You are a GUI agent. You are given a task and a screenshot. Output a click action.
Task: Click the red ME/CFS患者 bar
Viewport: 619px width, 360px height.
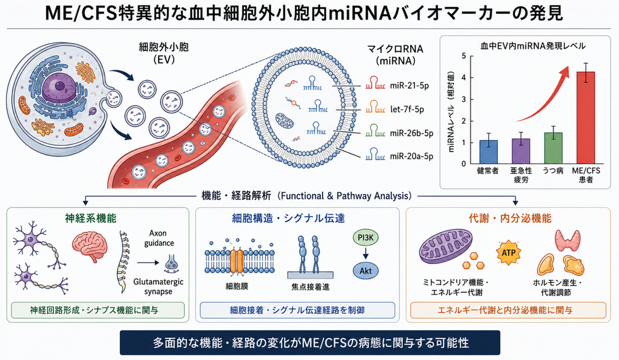586,117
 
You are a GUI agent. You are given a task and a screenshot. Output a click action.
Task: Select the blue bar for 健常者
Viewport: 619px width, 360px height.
488,152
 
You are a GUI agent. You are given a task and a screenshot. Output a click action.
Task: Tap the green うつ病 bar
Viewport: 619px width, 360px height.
553,148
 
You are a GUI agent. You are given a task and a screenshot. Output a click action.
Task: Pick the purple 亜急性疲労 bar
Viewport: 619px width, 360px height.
520,151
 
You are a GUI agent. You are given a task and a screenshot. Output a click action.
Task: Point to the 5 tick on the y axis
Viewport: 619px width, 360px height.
464,56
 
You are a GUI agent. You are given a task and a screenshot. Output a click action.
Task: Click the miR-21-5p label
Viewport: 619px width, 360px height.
409,86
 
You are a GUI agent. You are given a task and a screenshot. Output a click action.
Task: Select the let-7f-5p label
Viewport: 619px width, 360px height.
407,109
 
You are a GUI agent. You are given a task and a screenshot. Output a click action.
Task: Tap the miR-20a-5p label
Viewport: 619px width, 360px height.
411,157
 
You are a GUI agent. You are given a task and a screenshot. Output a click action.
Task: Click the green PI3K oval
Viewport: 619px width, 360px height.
365,237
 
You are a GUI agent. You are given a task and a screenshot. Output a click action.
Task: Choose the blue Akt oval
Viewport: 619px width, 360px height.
366,271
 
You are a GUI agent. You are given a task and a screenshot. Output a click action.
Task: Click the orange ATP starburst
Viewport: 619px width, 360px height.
508,252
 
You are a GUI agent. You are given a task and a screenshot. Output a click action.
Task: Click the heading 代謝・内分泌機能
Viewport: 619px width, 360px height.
510,219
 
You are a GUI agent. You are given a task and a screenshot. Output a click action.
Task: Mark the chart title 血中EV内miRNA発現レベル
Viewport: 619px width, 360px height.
532,45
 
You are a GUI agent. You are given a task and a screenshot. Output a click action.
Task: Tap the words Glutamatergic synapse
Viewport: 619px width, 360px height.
159,287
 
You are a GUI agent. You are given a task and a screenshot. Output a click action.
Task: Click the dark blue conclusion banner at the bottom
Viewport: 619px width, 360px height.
310,342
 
